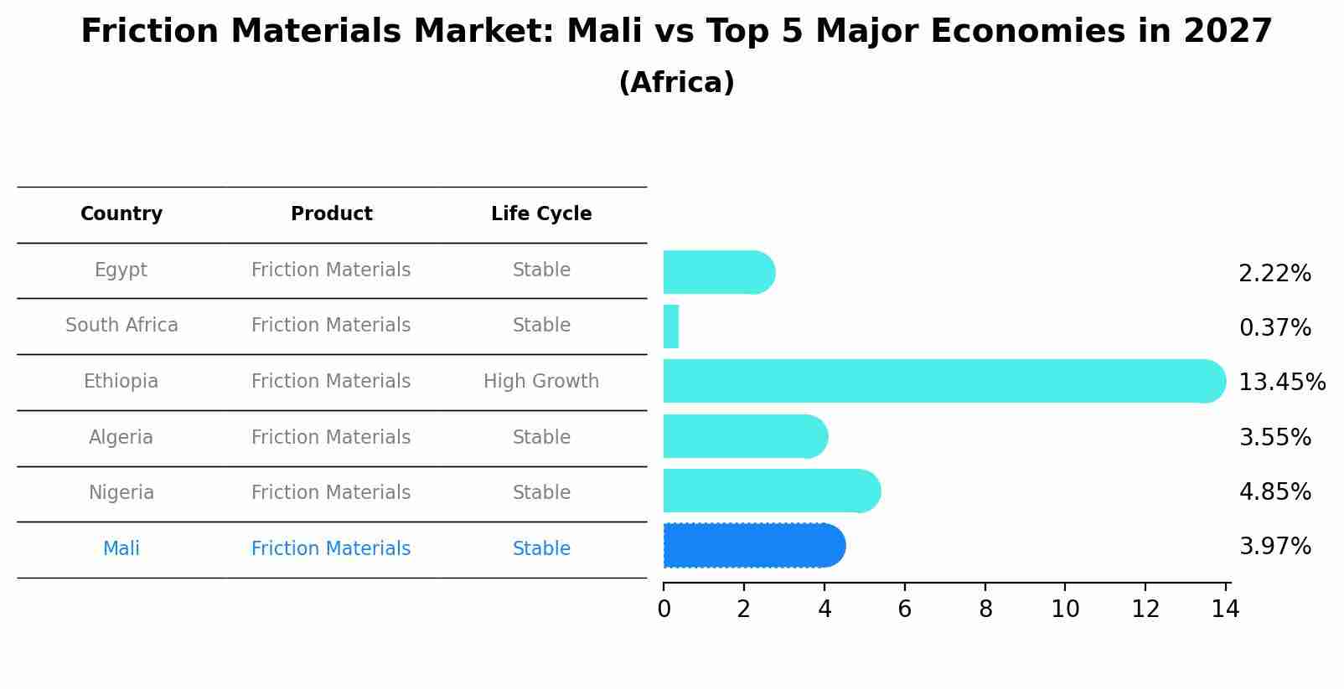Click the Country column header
tap(121, 214)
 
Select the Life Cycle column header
tap(541, 214)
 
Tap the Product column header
tap(331, 214)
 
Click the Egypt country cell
tap(121, 270)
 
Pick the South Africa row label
tap(121, 326)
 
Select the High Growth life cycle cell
tap(541, 382)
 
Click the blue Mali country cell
tap(121, 549)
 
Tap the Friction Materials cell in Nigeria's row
tap(331, 493)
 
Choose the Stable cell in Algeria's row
tap(541, 438)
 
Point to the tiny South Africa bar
tap(670, 327)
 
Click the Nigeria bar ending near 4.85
tap(771, 491)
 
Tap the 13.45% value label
tap(1282, 383)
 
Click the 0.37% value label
tap(1274, 328)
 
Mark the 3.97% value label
tap(1274, 547)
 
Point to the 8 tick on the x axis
tap(985, 609)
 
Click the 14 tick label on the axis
tap(1225, 609)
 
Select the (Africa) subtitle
tap(676, 83)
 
